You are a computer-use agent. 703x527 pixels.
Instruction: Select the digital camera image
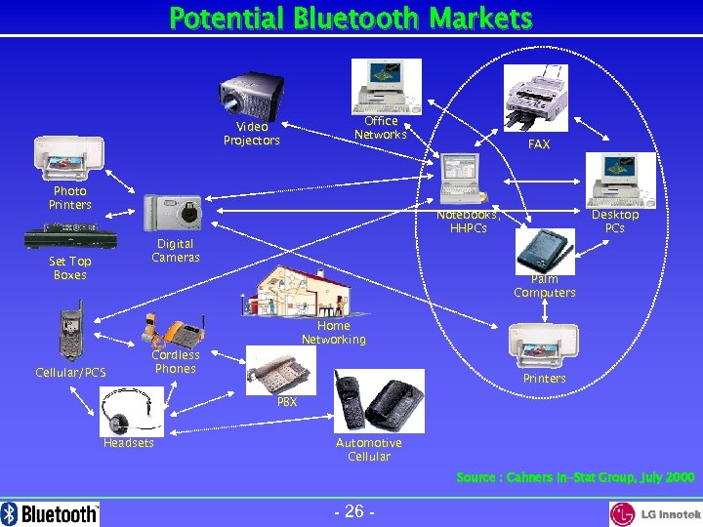point(171,211)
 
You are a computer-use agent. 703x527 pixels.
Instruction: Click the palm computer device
point(541,250)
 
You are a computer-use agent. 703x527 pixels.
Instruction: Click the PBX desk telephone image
point(281,369)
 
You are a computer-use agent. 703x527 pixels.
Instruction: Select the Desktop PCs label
point(615,222)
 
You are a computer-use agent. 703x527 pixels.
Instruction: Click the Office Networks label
point(381,128)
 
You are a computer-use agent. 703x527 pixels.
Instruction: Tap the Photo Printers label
point(70,198)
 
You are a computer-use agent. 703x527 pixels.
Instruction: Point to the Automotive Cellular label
point(369,450)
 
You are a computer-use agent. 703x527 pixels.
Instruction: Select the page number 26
point(351,512)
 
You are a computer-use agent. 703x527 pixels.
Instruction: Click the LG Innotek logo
point(655,513)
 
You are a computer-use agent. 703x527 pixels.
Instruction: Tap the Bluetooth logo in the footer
point(51,513)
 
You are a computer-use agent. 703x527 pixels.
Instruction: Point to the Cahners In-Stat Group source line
point(575,477)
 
